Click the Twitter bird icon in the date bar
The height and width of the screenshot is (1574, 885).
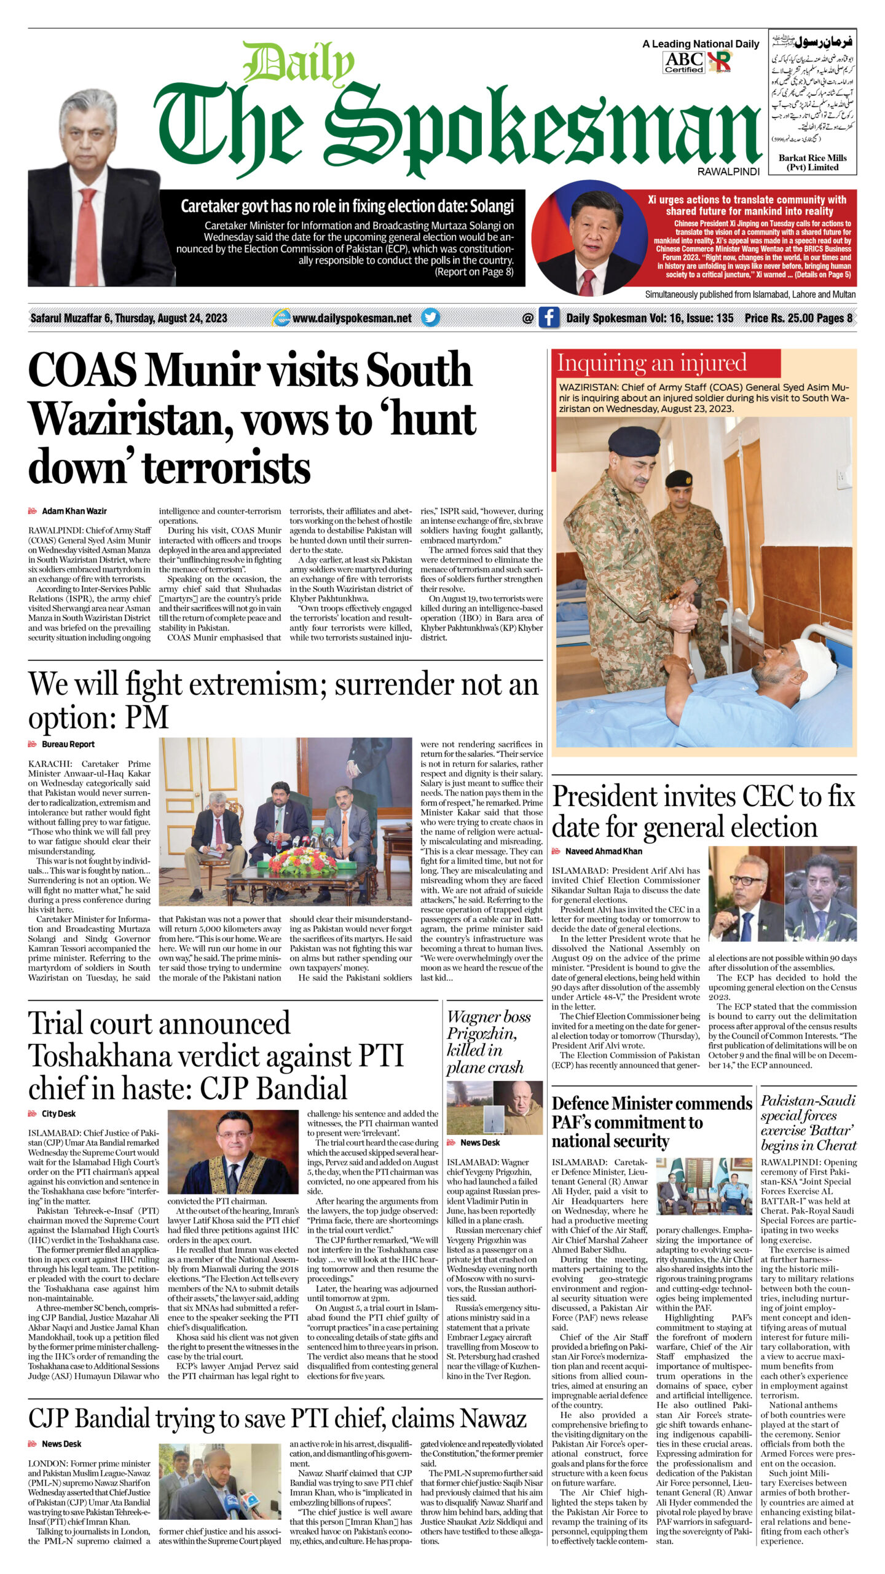430,317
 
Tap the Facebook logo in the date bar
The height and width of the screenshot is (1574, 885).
548,317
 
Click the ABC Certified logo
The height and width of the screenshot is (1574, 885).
683,62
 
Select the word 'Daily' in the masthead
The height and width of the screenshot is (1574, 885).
298,64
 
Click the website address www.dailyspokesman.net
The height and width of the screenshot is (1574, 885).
352,318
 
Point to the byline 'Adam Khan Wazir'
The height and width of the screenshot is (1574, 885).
74,511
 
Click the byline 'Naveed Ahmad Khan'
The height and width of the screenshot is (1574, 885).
604,852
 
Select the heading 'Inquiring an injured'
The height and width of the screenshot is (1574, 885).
651,363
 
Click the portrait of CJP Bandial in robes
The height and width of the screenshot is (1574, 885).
233,1152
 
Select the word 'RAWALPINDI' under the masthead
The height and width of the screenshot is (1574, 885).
728,172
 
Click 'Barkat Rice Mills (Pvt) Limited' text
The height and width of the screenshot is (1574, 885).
812,162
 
